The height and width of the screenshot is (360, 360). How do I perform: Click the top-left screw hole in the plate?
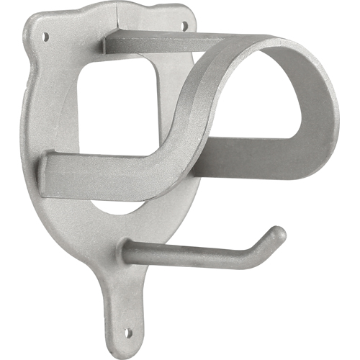(x=46, y=34)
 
